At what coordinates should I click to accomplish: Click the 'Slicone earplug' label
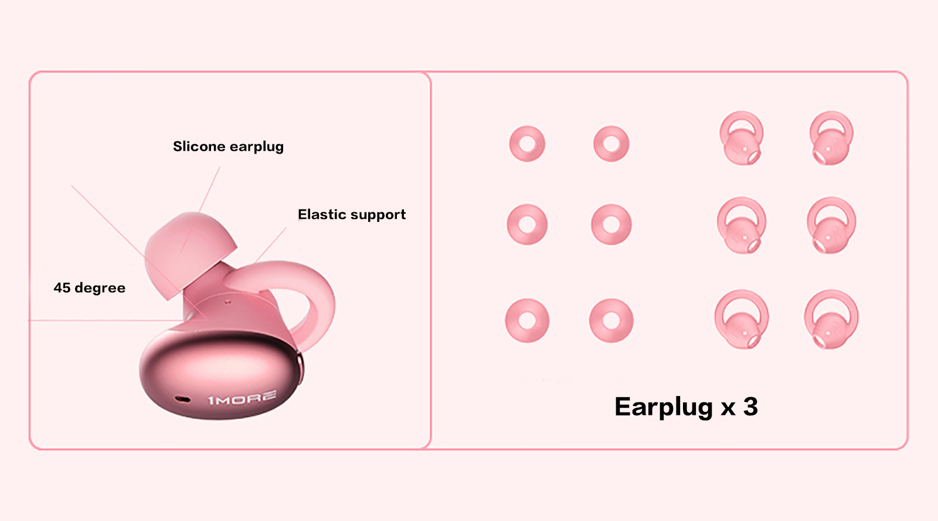click(228, 147)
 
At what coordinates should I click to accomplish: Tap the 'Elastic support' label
click(352, 215)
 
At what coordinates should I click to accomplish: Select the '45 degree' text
click(90, 288)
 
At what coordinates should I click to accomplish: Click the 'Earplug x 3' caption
click(686, 407)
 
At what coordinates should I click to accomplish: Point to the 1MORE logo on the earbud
click(243, 398)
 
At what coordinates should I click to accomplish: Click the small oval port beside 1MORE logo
click(182, 398)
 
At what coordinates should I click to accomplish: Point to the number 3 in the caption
click(750, 407)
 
